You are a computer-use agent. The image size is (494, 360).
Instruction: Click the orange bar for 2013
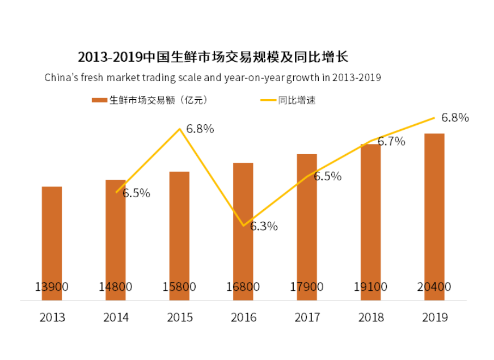pos(52,238)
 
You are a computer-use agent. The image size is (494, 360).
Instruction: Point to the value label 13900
pos(52,287)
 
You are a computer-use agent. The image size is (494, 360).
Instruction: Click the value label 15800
pos(179,287)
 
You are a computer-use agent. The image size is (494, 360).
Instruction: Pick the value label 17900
pos(307,287)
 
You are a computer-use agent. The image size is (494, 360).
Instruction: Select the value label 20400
pos(434,287)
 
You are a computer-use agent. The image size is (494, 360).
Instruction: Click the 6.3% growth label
pos(264,227)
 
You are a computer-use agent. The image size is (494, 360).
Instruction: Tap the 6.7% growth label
pos(391,142)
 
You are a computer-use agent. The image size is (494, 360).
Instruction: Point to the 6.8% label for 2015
pos(200,129)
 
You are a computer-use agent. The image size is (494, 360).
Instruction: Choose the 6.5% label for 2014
pos(136,193)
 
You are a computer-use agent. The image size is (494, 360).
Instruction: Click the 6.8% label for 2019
pos(455,118)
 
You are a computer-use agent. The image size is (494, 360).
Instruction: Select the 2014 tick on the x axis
pos(116,317)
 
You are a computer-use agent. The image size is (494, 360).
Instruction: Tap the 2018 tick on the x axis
pos(370,317)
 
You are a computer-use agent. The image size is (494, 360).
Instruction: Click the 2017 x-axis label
pos(307,317)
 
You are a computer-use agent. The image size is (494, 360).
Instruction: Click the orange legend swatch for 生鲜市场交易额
pos(99,100)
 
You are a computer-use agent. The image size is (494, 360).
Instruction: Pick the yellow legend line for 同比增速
pos(268,100)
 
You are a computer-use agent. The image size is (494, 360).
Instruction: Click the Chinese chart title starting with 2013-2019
pos(212,57)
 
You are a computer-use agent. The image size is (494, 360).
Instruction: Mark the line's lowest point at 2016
pos(243,226)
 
